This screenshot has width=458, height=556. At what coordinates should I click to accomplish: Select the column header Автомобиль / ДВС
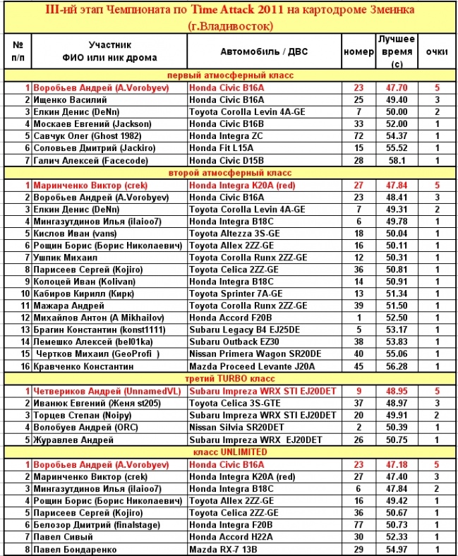coord(264,52)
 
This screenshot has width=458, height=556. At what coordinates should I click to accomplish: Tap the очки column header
coord(437,52)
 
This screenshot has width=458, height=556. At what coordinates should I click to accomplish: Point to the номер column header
coord(358,52)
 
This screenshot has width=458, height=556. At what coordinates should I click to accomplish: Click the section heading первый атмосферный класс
coord(230,75)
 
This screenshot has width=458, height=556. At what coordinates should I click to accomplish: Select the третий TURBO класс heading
coord(230,379)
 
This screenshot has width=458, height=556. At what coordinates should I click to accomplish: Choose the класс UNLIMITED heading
coord(230,452)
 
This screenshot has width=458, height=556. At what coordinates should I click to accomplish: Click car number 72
coord(358,136)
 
